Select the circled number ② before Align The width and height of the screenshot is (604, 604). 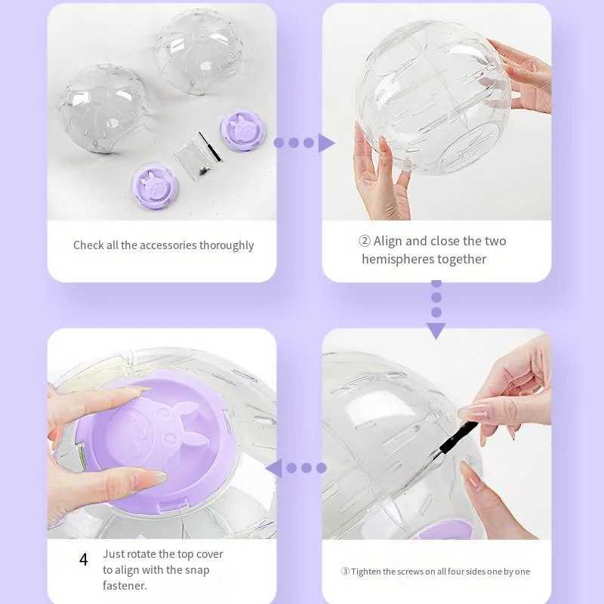[x=365, y=242]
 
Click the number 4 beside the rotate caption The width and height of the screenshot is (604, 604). [x=84, y=559]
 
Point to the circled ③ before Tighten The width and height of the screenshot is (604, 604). [x=344, y=572]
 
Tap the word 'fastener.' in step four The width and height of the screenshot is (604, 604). [x=125, y=586]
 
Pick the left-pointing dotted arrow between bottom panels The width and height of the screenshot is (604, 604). [x=295, y=468]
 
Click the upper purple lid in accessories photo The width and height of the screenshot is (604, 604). [x=242, y=129]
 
